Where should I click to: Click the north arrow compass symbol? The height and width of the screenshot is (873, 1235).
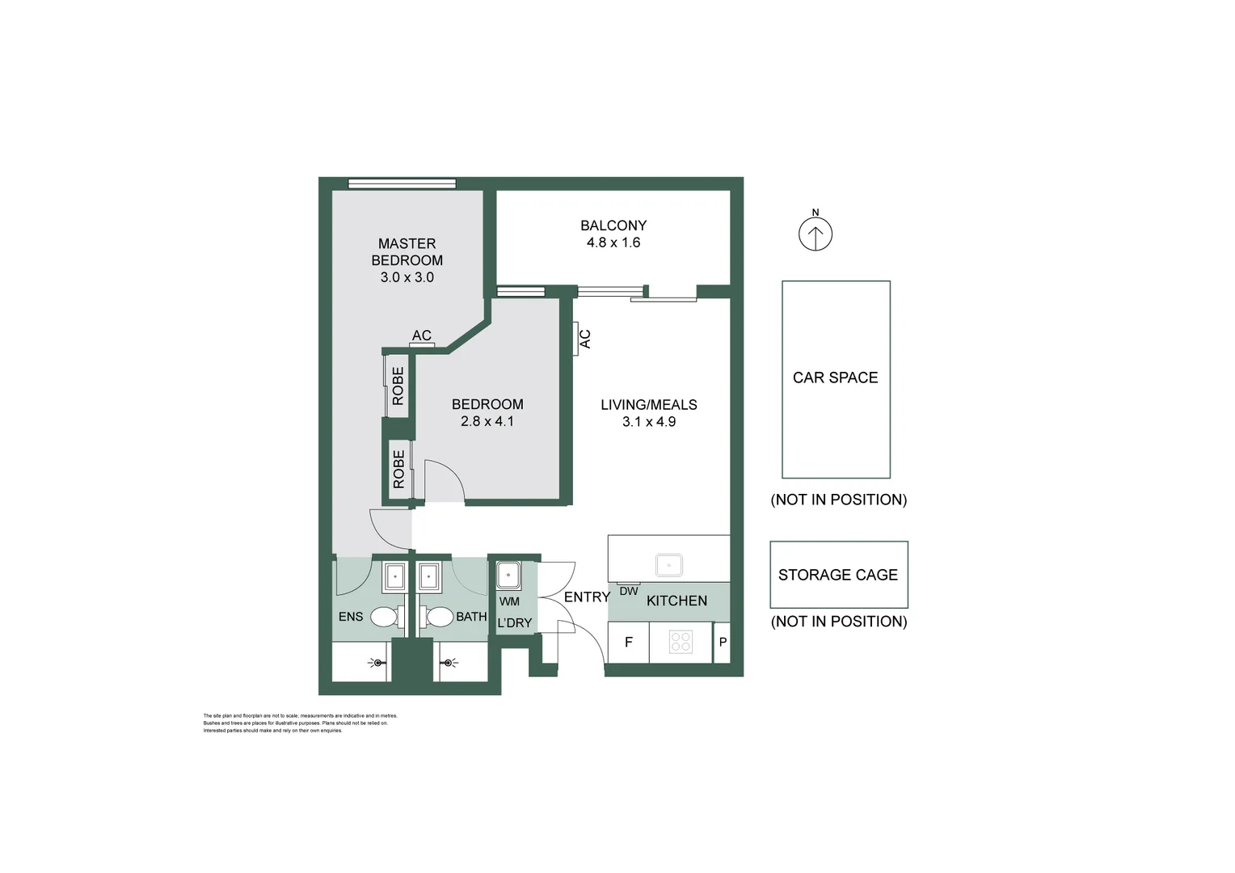(x=815, y=234)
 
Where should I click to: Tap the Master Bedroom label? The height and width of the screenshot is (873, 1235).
(x=407, y=251)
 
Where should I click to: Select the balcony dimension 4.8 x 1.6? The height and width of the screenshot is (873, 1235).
(x=613, y=242)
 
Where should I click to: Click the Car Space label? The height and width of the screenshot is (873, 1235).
(x=835, y=377)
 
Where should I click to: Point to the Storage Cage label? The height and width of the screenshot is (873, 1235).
(x=837, y=575)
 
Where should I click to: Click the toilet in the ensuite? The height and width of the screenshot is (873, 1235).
(x=385, y=618)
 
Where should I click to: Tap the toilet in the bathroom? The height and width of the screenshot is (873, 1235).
(x=439, y=618)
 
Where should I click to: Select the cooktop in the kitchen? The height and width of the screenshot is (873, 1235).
(x=681, y=642)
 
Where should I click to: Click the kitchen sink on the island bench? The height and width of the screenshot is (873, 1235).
(x=669, y=563)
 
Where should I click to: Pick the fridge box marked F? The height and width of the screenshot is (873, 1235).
(x=628, y=643)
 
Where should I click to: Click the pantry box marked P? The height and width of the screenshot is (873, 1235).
(x=723, y=643)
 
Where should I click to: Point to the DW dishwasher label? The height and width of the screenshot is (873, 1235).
(x=629, y=591)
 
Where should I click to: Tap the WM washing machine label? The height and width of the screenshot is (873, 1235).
(x=509, y=601)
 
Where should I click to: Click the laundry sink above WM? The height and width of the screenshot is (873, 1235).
(x=508, y=576)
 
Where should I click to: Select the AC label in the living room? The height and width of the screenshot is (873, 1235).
(x=585, y=339)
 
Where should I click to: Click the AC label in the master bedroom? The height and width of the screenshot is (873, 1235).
(x=421, y=335)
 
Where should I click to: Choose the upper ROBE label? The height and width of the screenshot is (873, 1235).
(x=398, y=386)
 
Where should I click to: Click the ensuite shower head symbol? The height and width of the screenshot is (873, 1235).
(x=377, y=663)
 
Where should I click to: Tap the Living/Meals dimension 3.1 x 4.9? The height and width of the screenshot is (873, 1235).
(x=648, y=422)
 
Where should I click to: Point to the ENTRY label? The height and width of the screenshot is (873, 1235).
(x=587, y=597)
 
